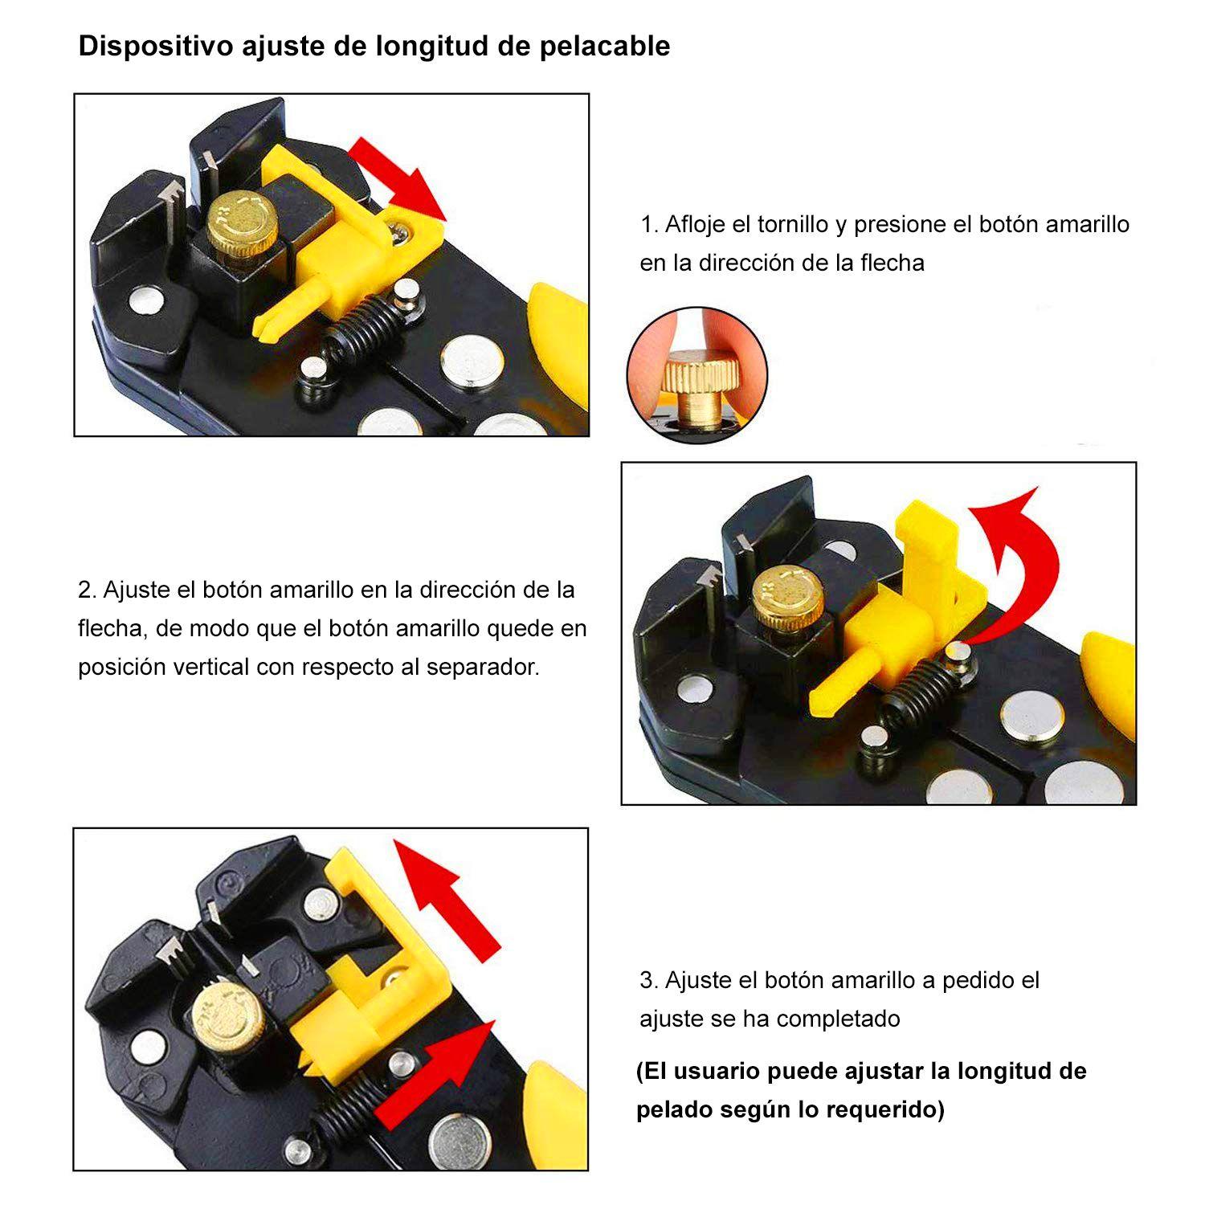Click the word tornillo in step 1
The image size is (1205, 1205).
pos(792,224)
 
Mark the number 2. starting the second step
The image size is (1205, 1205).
pos(87,590)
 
